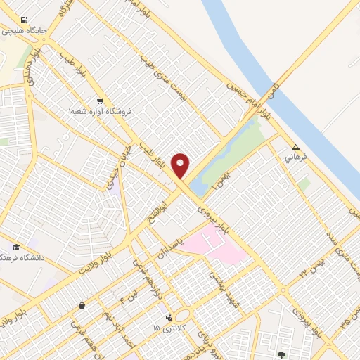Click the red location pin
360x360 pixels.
pos(181,165)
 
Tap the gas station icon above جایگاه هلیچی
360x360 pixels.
pos(25,20)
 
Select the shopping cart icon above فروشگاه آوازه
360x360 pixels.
pos(100,101)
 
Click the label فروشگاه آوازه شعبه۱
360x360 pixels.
pos(100,111)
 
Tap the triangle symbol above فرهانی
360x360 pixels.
pos(295,148)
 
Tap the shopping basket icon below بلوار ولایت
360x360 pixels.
pos(82,305)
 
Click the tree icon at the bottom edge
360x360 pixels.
pos(282,355)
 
